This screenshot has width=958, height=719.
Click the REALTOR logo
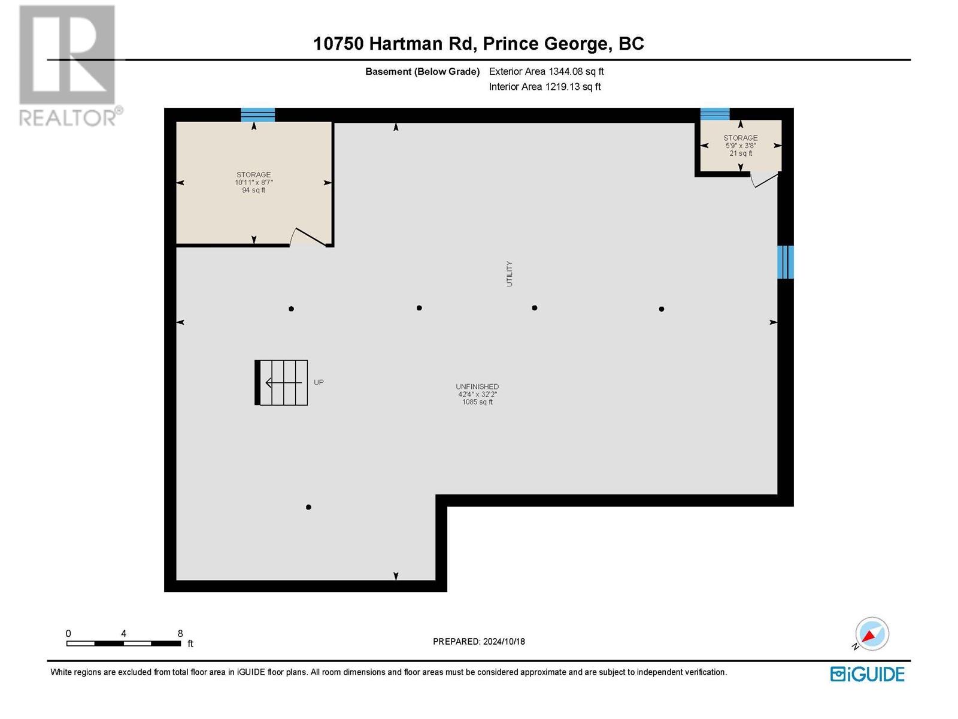coord(69,66)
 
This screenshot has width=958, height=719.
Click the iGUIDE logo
coord(867,674)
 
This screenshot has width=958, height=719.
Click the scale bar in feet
coord(124,643)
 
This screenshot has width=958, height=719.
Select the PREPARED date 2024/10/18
coord(478,641)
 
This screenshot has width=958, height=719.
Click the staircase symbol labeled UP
coord(282,382)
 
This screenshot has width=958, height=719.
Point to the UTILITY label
coord(510,274)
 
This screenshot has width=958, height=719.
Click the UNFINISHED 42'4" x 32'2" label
coord(477,394)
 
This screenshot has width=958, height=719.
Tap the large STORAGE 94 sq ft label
coord(254,182)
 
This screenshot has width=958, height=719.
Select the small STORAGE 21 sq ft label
coord(741,146)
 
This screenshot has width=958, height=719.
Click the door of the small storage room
coord(764,179)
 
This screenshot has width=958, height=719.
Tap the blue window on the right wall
coord(785,262)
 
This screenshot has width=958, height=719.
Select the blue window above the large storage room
coord(257,114)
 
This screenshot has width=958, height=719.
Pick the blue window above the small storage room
coord(715,114)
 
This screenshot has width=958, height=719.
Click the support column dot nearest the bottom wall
coord(308,507)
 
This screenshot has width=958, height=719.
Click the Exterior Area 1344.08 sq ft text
coord(546,71)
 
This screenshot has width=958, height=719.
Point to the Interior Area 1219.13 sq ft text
coord(544,87)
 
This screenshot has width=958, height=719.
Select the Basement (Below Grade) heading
coord(422,72)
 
